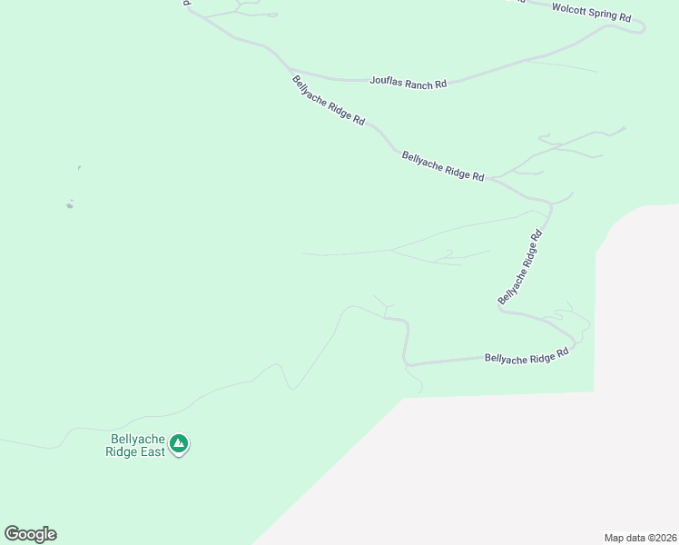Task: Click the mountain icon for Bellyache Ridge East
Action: [x=180, y=443]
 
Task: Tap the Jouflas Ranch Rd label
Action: [x=408, y=82]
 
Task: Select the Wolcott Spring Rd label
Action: [x=591, y=12]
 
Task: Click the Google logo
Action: [x=30, y=534]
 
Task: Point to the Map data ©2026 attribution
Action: [x=640, y=537]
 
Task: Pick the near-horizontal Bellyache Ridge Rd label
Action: [x=526, y=358]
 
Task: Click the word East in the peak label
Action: [x=153, y=451]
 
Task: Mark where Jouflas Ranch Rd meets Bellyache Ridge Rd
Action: [x=290, y=70]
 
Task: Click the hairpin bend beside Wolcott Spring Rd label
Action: [x=642, y=27]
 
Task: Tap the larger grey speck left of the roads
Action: [x=69, y=205]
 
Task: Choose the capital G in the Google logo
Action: [x=12, y=534]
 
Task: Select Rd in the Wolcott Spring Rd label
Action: [x=625, y=16]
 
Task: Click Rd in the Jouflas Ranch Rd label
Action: [x=440, y=84]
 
